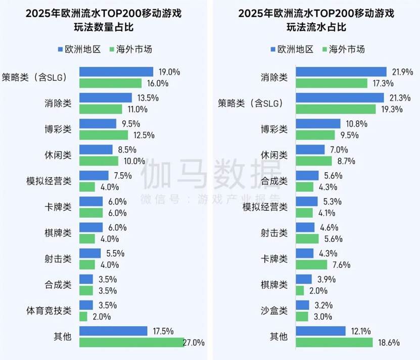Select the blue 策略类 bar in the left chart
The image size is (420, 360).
[x=116, y=72]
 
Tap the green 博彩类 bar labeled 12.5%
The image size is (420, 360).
[x=104, y=135]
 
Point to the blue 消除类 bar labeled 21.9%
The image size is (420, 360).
[x=341, y=72]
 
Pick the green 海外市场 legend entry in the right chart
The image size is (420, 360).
[x=343, y=49]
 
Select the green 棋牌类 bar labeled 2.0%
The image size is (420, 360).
[x=299, y=291]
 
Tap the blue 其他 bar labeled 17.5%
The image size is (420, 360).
[x=113, y=331]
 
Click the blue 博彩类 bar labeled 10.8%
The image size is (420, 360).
[x=317, y=124]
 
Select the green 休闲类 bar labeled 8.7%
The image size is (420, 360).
[x=314, y=161]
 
